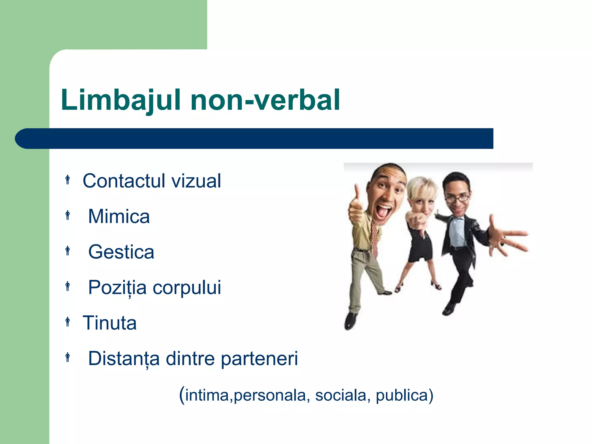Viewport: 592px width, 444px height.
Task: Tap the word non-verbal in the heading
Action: (x=265, y=100)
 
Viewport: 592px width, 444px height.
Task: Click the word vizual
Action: (x=196, y=181)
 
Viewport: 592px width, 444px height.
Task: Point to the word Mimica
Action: (x=119, y=217)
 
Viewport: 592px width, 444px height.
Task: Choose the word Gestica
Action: (x=121, y=252)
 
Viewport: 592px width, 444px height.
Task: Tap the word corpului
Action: (x=187, y=288)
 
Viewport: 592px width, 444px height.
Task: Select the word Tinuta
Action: (x=110, y=323)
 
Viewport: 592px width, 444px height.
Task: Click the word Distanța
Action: (x=124, y=359)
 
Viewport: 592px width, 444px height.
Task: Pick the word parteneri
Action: (x=259, y=359)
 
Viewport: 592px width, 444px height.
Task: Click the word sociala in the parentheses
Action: (x=341, y=395)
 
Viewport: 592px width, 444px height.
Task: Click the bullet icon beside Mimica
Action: (x=68, y=215)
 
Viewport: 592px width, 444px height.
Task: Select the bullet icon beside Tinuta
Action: (x=68, y=322)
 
